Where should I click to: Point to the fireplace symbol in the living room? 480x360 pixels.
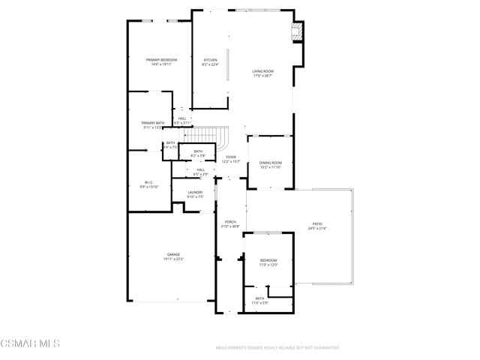coord(297,31)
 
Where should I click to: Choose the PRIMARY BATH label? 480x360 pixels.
coord(152,124)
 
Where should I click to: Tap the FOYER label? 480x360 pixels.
coord(231,159)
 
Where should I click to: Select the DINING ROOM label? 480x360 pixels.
coord(270,164)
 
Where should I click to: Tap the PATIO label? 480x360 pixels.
coord(317,226)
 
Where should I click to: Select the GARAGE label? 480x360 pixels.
coord(173,256)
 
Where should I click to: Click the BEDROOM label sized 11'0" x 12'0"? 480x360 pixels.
coord(268,262)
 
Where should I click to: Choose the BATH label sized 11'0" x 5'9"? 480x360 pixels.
coord(259,300)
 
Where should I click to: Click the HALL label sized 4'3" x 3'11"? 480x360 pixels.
coord(182,120)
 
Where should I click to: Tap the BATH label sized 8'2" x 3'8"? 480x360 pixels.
coord(198,153)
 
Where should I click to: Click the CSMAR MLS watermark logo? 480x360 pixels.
coord(30,343)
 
